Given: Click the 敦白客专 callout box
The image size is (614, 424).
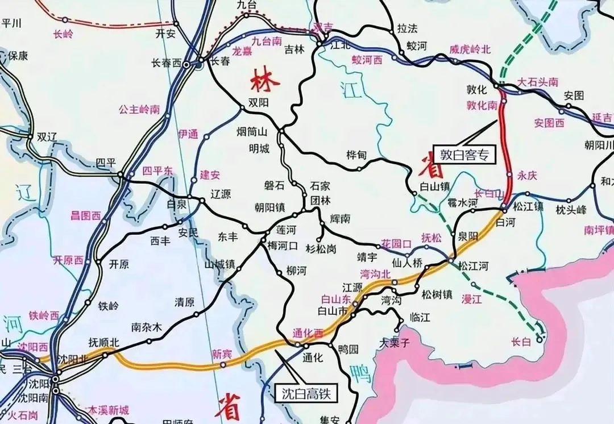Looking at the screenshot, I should coord(464,153).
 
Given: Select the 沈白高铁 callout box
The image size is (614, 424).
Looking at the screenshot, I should coord(306,392).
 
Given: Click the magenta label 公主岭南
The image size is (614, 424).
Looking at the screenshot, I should coord(139,110).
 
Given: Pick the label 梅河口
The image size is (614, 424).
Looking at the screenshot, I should coord(283,246).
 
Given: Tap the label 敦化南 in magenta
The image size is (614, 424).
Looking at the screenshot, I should coord(482,105).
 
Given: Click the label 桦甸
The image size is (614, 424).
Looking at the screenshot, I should coord(356,155).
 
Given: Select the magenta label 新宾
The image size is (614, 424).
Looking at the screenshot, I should coord(222,354).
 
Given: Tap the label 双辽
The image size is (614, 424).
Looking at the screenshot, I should coord(48,137).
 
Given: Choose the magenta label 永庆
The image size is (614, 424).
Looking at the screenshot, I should coord(527,176).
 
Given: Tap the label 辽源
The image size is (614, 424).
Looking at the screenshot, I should coord(221,194).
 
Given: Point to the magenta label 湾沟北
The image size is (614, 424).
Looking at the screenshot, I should coord(376,274).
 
